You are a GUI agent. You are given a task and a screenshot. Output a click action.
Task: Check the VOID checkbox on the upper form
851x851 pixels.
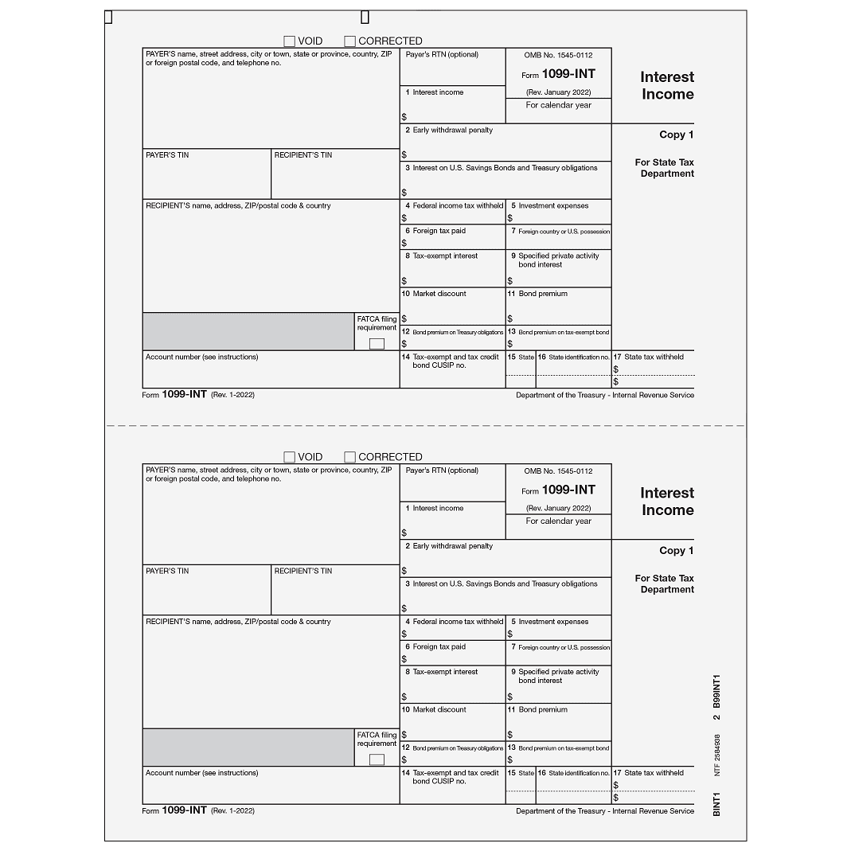point(290,41)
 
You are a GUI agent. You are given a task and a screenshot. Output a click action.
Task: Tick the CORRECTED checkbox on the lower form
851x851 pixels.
point(349,457)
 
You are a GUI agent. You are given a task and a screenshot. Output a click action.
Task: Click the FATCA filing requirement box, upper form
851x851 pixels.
point(377,344)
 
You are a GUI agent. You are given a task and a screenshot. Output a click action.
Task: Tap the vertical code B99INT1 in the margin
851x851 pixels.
point(716,691)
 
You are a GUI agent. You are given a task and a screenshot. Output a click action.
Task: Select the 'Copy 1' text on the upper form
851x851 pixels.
point(676,135)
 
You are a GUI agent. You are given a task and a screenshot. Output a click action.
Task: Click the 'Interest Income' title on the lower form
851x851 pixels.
point(667,502)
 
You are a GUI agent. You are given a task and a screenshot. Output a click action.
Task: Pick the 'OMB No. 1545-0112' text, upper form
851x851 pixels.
point(558,56)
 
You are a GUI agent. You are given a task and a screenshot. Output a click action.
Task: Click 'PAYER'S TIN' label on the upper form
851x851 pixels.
point(167,155)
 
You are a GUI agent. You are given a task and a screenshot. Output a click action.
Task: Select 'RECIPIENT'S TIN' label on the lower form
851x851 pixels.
point(303,571)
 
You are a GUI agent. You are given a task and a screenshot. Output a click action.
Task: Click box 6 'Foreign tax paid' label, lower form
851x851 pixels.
point(439,647)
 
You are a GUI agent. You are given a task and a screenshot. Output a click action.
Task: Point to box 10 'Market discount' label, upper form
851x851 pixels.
point(434,294)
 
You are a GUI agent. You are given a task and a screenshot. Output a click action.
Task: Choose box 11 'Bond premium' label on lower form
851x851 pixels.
point(543,709)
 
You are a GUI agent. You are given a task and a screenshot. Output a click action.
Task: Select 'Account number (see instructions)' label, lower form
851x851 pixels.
point(201,773)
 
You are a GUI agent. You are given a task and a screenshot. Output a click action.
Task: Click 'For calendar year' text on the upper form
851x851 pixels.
point(558,105)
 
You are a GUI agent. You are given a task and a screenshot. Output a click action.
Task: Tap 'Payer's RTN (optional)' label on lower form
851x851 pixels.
point(442,470)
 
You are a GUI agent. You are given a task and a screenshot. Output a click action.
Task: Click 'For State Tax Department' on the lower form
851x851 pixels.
point(664,584)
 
